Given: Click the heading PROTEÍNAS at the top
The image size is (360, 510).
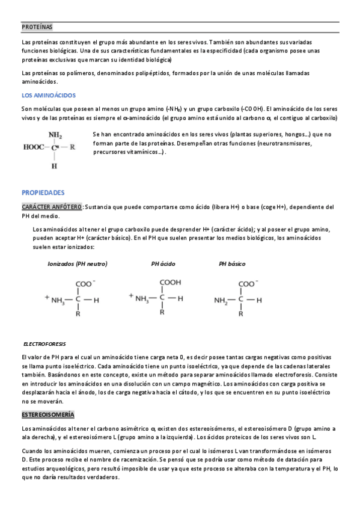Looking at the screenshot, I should click(x=37, y=27).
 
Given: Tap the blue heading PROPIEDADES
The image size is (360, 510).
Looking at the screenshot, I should click(x=43, y=192).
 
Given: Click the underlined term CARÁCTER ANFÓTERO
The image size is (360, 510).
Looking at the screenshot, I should click(x=52, y=207).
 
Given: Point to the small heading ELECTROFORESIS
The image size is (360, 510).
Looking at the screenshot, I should click(x=44, y=343).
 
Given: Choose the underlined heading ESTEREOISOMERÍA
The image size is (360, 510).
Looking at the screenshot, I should click(x=48, y=415).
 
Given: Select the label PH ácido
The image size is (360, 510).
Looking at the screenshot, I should click(x=162, y=263).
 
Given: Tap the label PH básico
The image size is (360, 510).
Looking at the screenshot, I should click(x=232, y=263).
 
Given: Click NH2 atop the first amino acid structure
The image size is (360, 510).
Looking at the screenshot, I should click(x=55, y=134).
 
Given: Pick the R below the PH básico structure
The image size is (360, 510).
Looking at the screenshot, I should click(x=241, y=313).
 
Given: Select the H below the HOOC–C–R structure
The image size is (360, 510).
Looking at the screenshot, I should click(x=55, y=165).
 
